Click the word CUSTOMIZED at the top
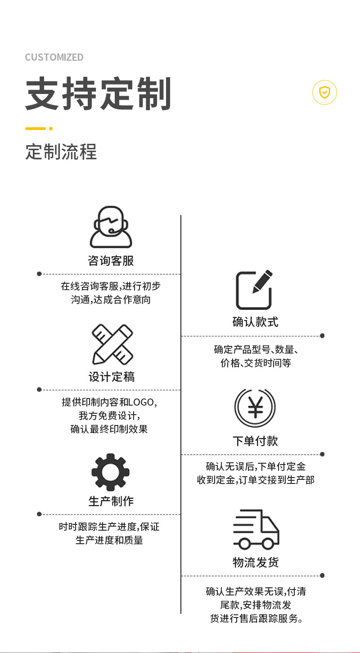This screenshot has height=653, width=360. [x=54, y=57]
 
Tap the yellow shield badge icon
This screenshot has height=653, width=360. [x=324, y=92]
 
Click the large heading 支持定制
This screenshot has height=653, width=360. [x=98, y=94]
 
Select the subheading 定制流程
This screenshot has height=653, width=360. [x=61, y=152]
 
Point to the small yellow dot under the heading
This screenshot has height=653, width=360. [x=51, y=129]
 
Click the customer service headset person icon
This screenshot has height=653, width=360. [x=111, y=227]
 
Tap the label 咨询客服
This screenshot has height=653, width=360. [x=111, y=261]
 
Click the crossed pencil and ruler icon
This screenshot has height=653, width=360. [x=112, y=344]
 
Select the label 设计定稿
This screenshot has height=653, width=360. [x=112, y=377]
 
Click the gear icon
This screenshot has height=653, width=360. [x=111, y=472]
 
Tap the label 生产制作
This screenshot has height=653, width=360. [x=111, y=501]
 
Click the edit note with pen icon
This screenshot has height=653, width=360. [x=254, y=290]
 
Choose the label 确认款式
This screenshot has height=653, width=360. [x=255, y=322]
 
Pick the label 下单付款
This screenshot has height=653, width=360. [x=255, y=441]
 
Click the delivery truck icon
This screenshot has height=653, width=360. [x=256, y=530]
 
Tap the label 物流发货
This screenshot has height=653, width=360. [x=256, y=562]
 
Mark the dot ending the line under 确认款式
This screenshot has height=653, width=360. [x=322, y=335]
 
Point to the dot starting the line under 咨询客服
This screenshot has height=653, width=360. [x=39, y=273]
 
